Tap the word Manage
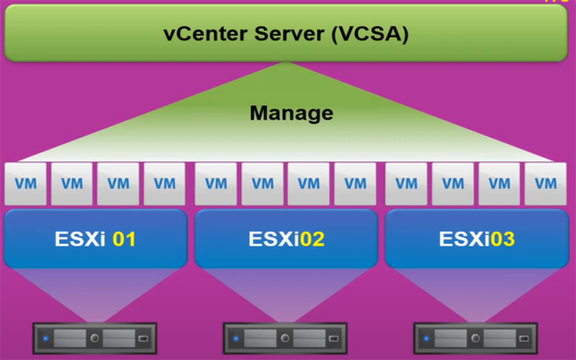click(x=292, y=113)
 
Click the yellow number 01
click(x=124, y=238)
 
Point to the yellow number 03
click(x=502, y=238)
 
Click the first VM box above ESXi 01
click(x=25, y=184)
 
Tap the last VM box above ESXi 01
click(x=164, y=184)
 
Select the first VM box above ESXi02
click(x=216, y=184)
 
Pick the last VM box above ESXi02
click(x=355, y=184)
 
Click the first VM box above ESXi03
click(x=407, y=184)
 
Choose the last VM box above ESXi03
click(x=546, y=184)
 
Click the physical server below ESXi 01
click(x=94, y=337)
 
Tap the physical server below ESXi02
click(x=285, y=337)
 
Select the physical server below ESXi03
click(x=476, y=337)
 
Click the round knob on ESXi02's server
click(x=285, y=337)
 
